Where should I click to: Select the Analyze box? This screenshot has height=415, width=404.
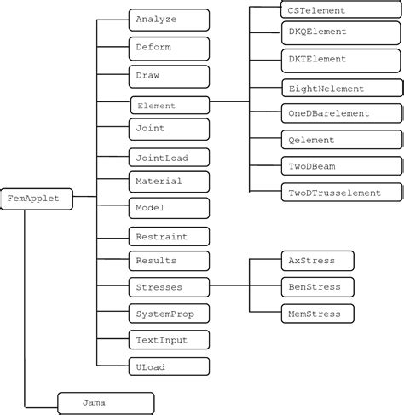(x=169, y=20)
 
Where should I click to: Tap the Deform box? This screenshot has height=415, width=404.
(x=169, y=47)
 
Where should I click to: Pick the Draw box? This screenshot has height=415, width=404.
(x=169, y=76)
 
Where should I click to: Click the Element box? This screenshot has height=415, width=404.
(x=169, y=106)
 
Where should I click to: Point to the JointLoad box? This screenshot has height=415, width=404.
(x=169, y=158)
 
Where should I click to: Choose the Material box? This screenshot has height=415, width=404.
(x=169, y=182)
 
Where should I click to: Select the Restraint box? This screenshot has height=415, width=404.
(x=169, y=235)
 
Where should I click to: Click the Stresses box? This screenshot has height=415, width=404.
(x=169, y=287)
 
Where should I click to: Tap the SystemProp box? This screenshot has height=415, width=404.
(x=169, y=314)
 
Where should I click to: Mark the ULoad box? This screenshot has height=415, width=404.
(x=169, y=367)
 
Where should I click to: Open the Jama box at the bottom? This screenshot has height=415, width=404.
(x=106, y=401)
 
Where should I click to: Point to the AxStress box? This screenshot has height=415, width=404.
(x=316, y=260)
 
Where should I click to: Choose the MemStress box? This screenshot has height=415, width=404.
(x=316, y=314)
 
